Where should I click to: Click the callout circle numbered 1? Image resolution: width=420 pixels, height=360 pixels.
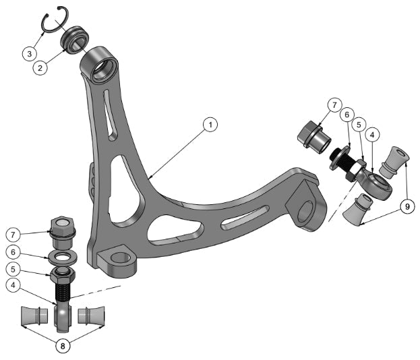[x=210, y=125]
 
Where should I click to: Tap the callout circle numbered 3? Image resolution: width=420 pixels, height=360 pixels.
[x=29, y=53]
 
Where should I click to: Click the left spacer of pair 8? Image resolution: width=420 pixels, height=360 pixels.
[x=34, y=316]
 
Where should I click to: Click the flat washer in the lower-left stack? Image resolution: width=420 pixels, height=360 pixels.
[x=61, y=257]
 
